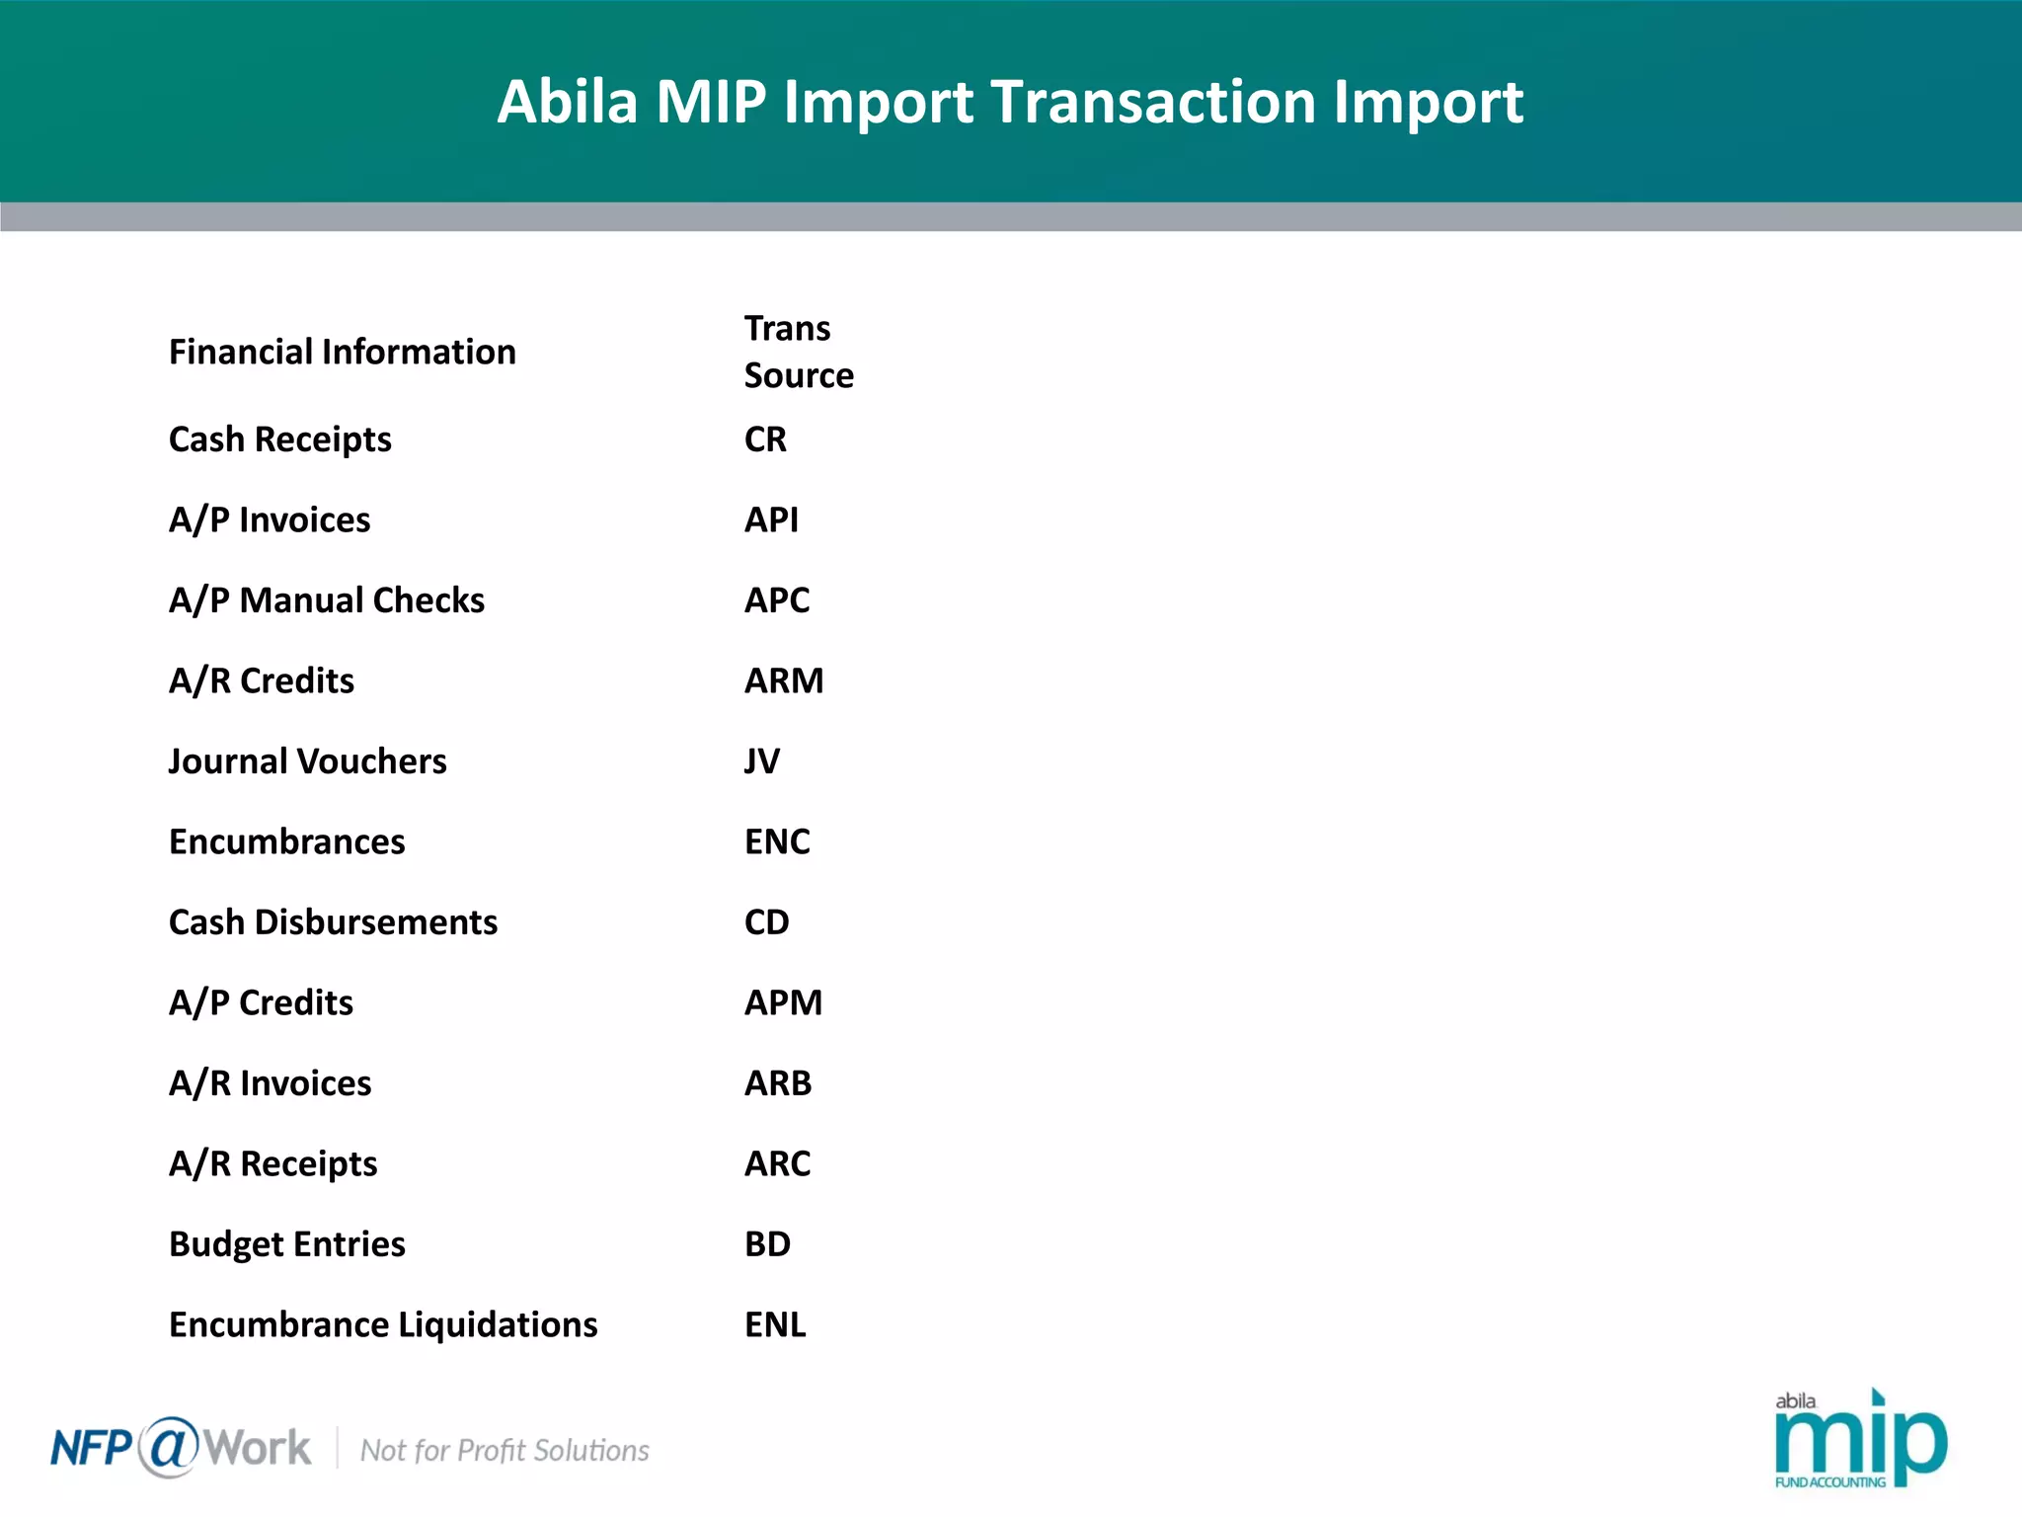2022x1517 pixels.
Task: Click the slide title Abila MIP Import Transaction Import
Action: [1010, 102]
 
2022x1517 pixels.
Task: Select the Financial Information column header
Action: [342, 353]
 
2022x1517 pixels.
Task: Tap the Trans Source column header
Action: [798, 352]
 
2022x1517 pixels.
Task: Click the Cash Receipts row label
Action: [279, 439]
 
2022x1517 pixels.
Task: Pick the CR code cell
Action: [765, 439]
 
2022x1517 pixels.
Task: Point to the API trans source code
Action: [771, 520]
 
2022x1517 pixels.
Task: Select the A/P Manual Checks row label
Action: [326, 600]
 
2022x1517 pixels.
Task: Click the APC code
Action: [777, 600]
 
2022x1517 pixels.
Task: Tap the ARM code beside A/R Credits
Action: [784, 681]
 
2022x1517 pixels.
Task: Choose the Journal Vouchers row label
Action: [307, 761]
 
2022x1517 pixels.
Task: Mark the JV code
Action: [762, 761]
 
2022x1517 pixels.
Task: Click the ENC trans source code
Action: [777, 842]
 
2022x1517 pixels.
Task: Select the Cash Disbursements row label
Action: [333, 922]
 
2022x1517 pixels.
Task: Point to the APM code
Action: [783, 1003]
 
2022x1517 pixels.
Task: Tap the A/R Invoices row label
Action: [270, 1083]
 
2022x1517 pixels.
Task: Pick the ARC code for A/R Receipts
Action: [777, 1164]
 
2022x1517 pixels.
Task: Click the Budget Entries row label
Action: [286, 1244]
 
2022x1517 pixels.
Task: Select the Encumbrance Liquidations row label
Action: [383, 1325]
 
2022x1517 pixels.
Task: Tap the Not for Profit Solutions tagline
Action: [505, 1451]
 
